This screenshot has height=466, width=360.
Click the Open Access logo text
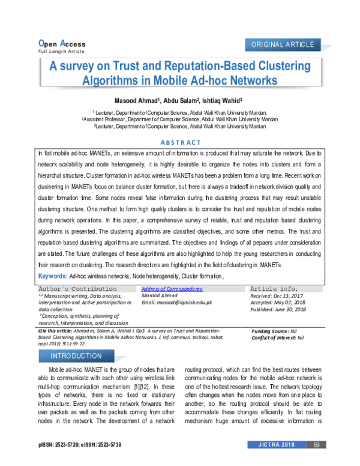point(61,44)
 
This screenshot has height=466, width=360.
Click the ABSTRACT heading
point(181,142)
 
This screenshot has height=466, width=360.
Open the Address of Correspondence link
point(172,289)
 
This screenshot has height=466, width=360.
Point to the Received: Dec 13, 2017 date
point(277,295)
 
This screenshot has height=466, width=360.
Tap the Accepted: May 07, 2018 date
point(278,302)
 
